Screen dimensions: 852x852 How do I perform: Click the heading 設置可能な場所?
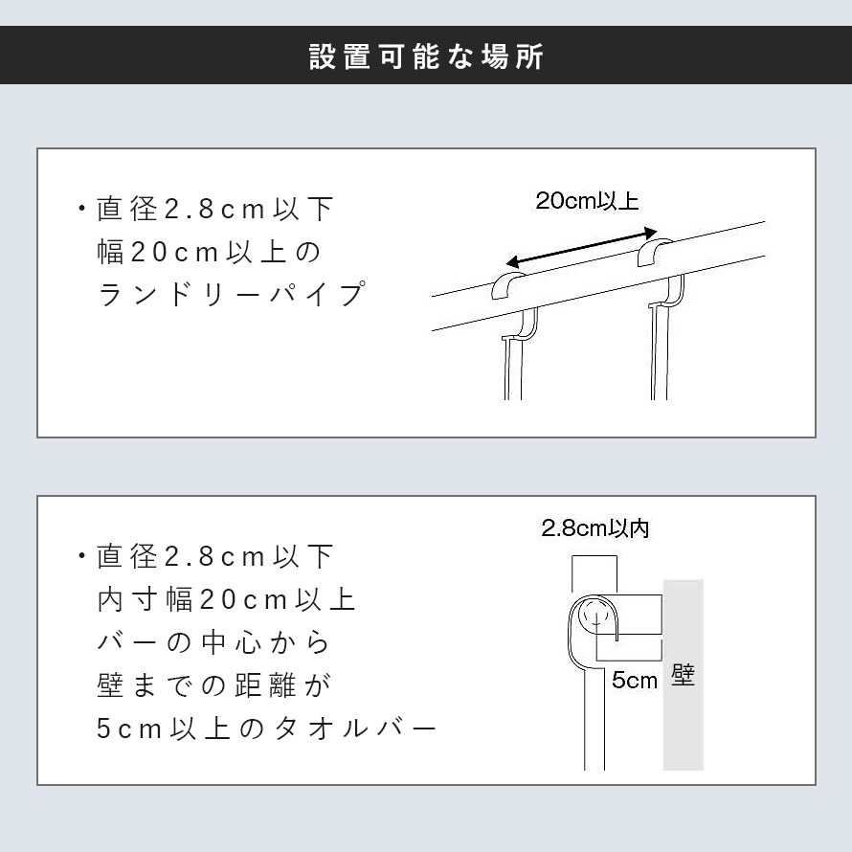click(426, 56)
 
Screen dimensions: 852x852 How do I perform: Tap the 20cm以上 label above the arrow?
click(587, 201)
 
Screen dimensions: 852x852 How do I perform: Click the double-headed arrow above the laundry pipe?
click(581, 249)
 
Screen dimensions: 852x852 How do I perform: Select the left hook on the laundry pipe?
click(508, 286)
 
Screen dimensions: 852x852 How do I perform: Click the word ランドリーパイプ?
click(232, 295)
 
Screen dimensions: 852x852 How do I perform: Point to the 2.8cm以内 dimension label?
click(595, 528)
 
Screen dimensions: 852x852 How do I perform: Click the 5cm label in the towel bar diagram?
click(634, 681)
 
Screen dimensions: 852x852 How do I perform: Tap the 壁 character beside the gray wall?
click(683, 676)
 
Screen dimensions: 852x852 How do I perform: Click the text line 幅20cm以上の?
click(210, 252)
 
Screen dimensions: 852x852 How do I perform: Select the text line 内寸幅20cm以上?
click(227, 600)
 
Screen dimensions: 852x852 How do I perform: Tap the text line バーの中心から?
click(213, 642)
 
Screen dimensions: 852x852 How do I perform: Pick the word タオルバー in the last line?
click(355, 729)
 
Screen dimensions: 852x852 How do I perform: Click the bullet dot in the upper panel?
click(82, 208)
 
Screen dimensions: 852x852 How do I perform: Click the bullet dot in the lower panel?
click(82, 555)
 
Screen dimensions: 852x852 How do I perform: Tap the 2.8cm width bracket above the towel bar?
click(594, 556)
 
